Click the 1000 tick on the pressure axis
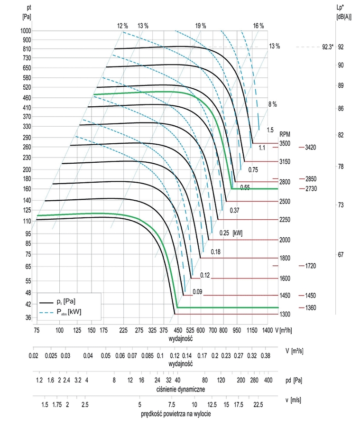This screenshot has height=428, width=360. [x=26, y=31]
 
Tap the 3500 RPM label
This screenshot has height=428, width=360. [x=285, y=143]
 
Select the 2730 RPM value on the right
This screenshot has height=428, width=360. [x=311, y=189]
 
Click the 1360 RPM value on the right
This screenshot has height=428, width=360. [x=311, y=307]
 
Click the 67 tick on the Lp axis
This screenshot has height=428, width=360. [x=340, y=254]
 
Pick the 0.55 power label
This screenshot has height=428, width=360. [x=245, y=187]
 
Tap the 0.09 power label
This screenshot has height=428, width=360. [x=198, y=292]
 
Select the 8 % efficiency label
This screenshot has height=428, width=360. [x=272, y=104]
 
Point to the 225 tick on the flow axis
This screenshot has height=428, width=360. [x=124, y=330]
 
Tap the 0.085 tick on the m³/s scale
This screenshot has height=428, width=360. [x=148, y=355]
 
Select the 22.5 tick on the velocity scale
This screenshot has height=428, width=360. [x=258, y=404]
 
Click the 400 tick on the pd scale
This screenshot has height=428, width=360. [x=268, y=381]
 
